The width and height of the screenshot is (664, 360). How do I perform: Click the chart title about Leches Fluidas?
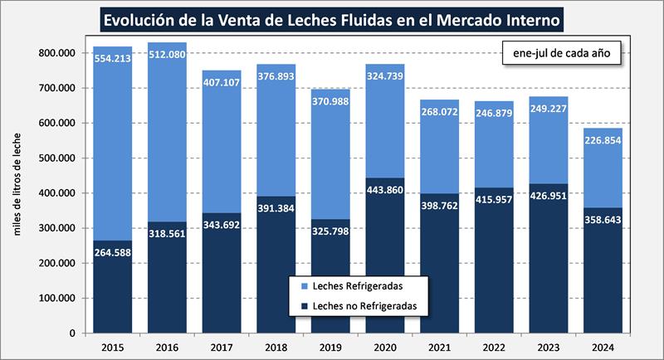(x=333, y=18)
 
